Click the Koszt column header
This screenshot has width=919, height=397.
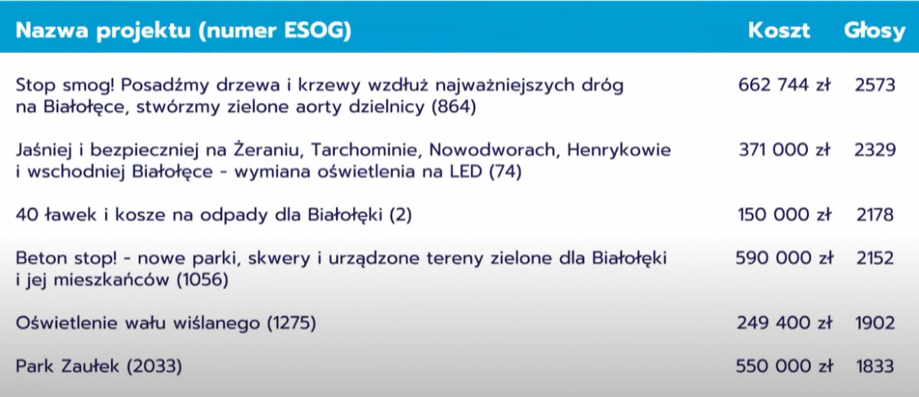pyautogui.click(x=779, y=31)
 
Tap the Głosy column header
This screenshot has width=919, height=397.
pyautogui.click(x=875, y=31)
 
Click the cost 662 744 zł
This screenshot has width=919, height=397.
pyautogui.click(x=784, y=85)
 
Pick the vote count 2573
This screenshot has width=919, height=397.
pyautogui.click(x=875, y=85)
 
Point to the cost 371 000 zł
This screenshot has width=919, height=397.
pyautogui.click(x=784, y=150)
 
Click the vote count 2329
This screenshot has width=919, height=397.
pyautogui.click(x=875, y=150)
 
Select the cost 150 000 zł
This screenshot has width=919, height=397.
pyautogui.click(x=784, y=215)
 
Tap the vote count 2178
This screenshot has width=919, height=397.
pyautogui.click(x=875, y=215)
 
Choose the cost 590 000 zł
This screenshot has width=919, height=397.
pyautogui.click(x=784, y=258)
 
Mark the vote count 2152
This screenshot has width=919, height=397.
pyautogui.click(x=875, y=258)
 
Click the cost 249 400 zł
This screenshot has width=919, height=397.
pyautogui.click(x=784, y=323)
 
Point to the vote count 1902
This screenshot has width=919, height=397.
pyautogui.click(x=875, y=323)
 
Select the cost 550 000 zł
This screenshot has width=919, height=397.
pyautogui.click(x=784, y=366)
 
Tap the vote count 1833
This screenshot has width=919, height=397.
pyautogui.click(x=875, y=366)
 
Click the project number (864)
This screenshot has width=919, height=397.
pyautogui.click(x=453, y=107)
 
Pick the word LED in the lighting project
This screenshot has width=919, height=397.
pyautogui.click(x=466, y=172)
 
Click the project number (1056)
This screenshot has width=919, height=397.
pyautogui.click(x=202, y=280)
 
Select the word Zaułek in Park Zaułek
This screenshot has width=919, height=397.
pyautogui.click(x=90, y=366)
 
